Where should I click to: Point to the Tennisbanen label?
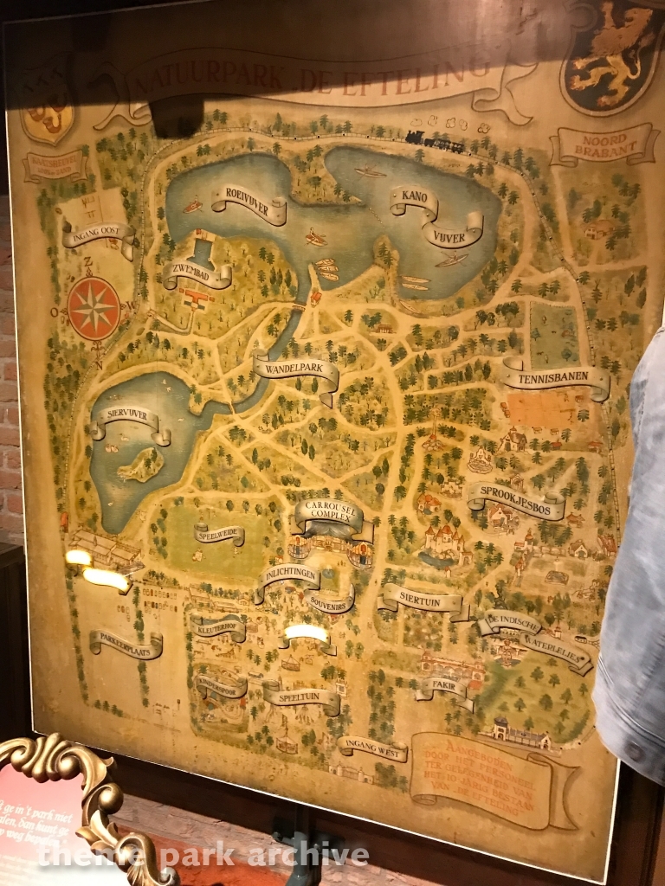pos(556,378)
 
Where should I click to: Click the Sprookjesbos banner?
pos(516,500)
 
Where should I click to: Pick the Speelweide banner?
pos(219,534)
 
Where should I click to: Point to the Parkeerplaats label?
pos(126,643)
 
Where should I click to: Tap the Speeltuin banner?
pos(301,696)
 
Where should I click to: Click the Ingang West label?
pos(372,748)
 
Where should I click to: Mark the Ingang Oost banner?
pos(99,234)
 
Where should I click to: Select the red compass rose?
pos(94,309)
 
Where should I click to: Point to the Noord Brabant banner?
pos(603,144)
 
